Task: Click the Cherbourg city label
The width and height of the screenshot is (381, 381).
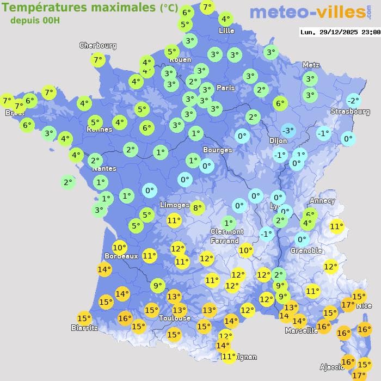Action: tap(98, 46)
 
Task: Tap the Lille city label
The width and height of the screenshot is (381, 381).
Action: tap(226, 30)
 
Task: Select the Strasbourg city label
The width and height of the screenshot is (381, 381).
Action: tap(351, 112)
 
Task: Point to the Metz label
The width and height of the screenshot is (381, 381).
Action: tap(311, 65)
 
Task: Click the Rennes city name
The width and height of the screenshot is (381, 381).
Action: tap(100, 130)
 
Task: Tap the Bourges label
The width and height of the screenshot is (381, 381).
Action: tap(218, 150)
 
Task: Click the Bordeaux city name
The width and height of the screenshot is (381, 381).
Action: tap(121, 256)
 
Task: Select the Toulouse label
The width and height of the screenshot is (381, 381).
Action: tap(175, 318)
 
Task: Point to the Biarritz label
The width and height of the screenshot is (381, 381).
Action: tap(84, 328)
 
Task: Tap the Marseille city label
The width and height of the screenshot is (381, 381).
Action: tap(301, 330)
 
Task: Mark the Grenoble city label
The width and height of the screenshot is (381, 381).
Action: tap(306, 251)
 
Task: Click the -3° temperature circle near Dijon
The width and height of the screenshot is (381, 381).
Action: tap(288, 131)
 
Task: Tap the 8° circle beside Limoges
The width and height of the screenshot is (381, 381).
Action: tap(197, 207)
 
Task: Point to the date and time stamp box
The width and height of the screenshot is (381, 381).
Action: tap(340, 32)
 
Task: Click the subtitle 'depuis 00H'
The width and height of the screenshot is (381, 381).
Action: tap(35, 20)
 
